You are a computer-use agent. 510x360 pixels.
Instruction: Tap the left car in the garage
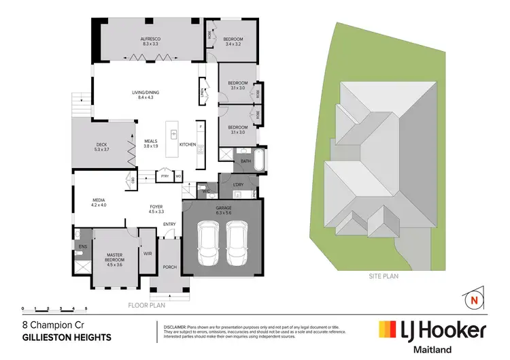pyautogui.click(x=207, y=244)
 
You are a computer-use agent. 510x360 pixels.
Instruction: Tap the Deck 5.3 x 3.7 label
pyautogui.click(x=101, y=147)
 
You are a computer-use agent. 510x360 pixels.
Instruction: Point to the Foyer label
pyautogui.click(x=156, y=207)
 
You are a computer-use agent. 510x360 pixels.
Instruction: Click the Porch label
pyautogui.click(x=169, y=267)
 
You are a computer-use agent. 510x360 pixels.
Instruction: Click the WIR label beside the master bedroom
pyautogui.click(x=148, y=253)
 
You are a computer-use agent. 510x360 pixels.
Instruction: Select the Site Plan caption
pyautogui.click(x=384, y=276)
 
